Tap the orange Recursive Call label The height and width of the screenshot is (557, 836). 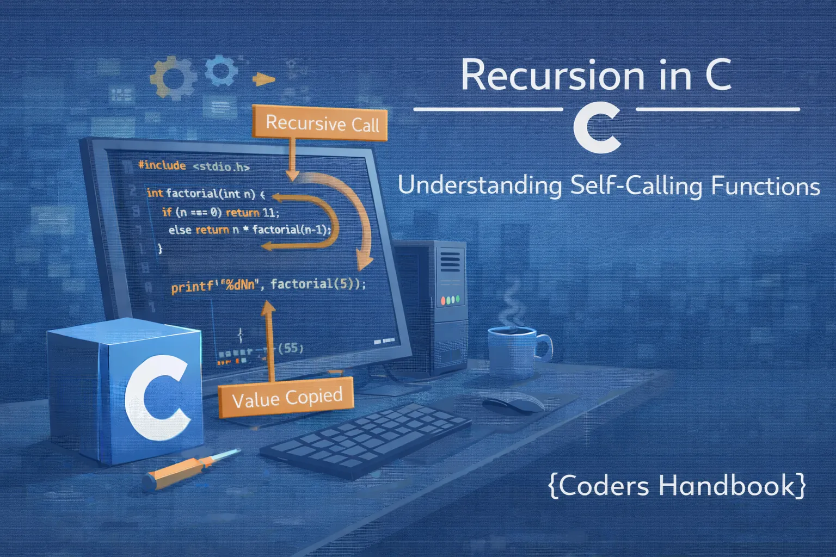[322, 123]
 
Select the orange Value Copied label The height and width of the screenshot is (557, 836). [287, 398]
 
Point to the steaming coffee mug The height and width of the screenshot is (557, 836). [514, 351]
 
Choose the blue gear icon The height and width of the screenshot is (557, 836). [222, 71]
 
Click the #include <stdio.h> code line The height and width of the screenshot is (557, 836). [193, 166]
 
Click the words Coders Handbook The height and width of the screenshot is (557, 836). [677, 485]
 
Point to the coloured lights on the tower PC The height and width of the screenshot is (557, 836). [450, 300]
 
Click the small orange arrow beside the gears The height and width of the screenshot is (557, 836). [264, 80]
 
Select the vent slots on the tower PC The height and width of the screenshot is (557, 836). [449, 261]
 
